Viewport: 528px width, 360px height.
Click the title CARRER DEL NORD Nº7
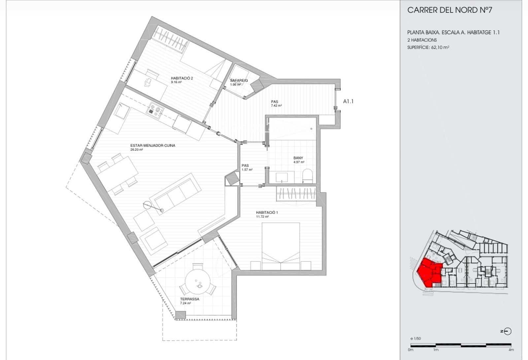pyautogui.click(x=449, y=10)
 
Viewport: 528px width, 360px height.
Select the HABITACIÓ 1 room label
pyautogui.click(x=267, y=213)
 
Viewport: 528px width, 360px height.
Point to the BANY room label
pyautogui.click(x=298, y=158)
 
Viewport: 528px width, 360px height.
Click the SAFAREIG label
pyautogui.click(x=239, y=81)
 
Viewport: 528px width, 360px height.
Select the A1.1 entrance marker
pyautogui.click(x=348, y=101)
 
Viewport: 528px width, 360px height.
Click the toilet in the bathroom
pyautogui.click(x=307, y=176)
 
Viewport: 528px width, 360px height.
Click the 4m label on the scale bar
pyautogui.click(x=511, y=350)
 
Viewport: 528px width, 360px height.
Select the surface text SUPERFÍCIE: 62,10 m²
pyautogui.click(x=428, y=47)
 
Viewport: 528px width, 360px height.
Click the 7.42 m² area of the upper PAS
pyautogui.click(x=276, y=106)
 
